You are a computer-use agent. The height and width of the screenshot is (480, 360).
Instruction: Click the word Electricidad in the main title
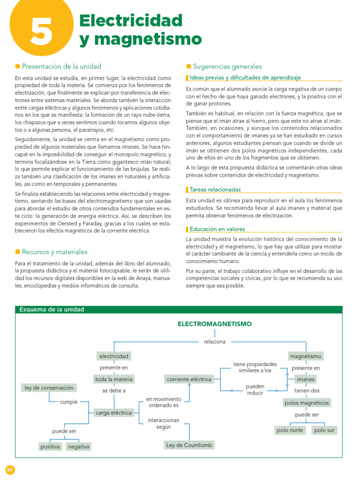click(131, 20)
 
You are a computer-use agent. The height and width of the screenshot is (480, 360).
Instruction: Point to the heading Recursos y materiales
click(54, 252)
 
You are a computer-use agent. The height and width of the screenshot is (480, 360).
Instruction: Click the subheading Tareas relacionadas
click(215, 190)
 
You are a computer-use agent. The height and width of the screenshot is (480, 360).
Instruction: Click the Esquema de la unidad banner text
click(51, 310)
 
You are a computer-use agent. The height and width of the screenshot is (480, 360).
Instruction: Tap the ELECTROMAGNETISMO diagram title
click(214, 324)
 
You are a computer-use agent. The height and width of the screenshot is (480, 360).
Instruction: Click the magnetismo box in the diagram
click(306, 357)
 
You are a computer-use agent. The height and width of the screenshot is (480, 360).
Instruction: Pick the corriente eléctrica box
click(189, 379)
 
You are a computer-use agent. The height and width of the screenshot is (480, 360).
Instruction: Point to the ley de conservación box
click(49, 388)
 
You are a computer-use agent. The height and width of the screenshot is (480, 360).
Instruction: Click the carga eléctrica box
click(114, 413)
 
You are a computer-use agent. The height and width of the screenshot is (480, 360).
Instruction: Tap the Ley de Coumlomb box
click(189, 445)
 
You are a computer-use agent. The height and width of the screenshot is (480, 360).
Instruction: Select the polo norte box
click(290, 430)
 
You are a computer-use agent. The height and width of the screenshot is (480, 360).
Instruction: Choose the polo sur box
click(325, 430)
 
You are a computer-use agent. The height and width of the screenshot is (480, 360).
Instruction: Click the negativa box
click(78, 447)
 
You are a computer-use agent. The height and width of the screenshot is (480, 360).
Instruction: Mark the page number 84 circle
click(10, 470)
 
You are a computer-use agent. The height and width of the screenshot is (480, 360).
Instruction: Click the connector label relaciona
click(214, 342)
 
